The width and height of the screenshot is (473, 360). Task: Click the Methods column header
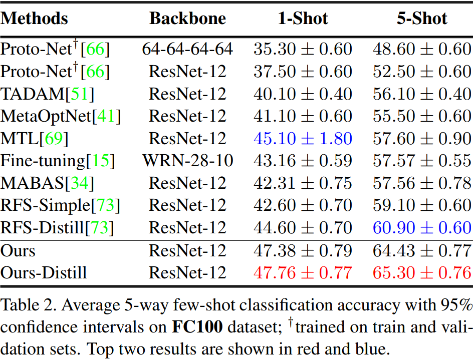point(35,19)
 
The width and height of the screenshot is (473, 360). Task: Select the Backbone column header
point(187,19)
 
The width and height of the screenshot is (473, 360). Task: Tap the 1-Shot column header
point(303,19)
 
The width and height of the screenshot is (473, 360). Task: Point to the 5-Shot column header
point(422,19)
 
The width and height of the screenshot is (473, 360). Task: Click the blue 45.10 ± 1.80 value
point(303,139)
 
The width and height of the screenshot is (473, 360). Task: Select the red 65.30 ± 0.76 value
point(422,273)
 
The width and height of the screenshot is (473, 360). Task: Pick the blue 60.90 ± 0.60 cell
point(422,228)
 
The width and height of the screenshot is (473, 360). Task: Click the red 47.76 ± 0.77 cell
point(303,273)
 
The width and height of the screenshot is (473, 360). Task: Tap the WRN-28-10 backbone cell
point(187,161)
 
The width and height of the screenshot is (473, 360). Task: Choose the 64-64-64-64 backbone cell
point(187,49)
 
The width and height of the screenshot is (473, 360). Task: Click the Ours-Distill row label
point(44,273)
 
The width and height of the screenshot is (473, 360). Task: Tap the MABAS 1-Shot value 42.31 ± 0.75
point(303,183)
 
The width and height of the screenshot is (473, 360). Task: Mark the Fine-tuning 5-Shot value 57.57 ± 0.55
point(422,161)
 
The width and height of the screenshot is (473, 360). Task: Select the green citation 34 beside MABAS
point(79,183)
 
